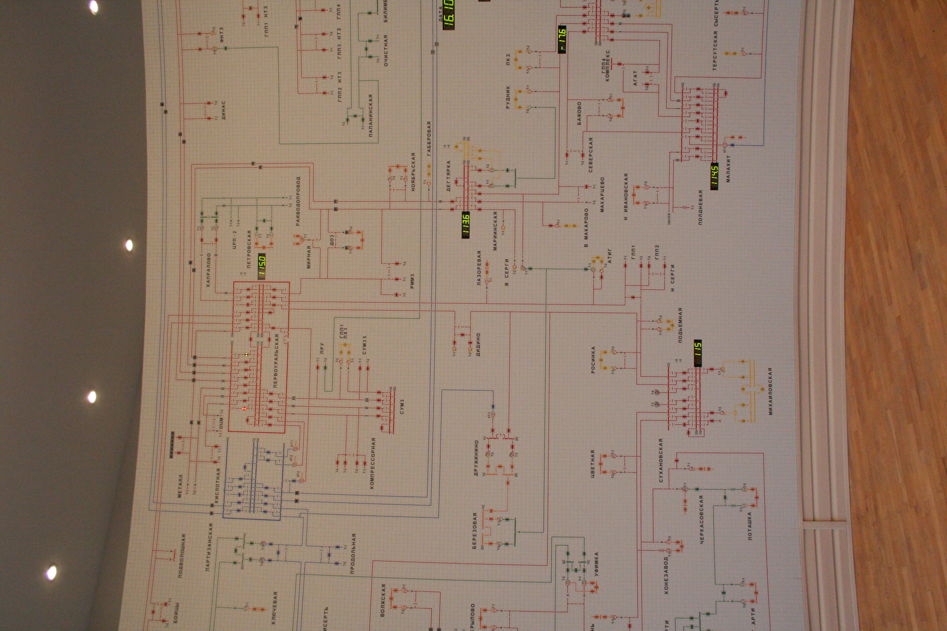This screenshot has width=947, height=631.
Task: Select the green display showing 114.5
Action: click(x=714, y=176)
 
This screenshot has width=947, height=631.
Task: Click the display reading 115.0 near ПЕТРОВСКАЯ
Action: click(x=262, y=267)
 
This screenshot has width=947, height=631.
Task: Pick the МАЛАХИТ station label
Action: click(x=728, y=169)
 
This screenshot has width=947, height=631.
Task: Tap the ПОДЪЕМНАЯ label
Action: click(x=680, y=325)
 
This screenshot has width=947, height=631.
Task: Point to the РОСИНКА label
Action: click(x=593, y=360)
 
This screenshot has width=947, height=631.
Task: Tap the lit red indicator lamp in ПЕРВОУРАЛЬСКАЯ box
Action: click(x=244, y=409)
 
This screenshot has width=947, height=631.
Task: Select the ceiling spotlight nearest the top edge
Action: click(x=93, y=7)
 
